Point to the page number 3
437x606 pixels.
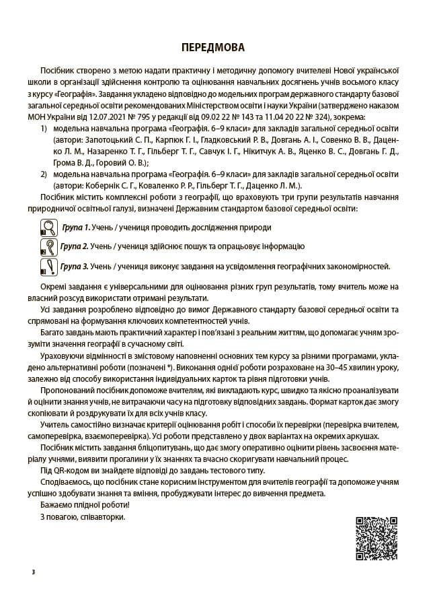33,572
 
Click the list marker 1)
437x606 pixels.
44,127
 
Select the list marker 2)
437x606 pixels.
44,173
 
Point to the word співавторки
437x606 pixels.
102,516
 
